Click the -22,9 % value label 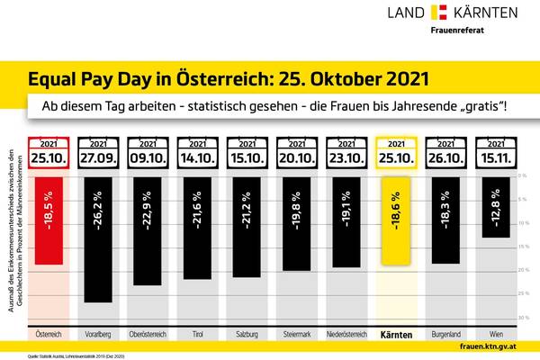coord(148,205)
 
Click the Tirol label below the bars coord(197,336)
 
